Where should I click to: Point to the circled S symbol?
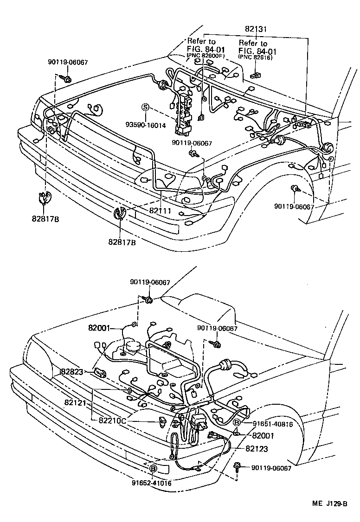145,108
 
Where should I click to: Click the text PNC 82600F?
205,57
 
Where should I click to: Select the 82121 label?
76,403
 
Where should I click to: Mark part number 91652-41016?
152,483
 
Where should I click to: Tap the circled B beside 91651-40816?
236,422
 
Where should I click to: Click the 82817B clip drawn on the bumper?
120,215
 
